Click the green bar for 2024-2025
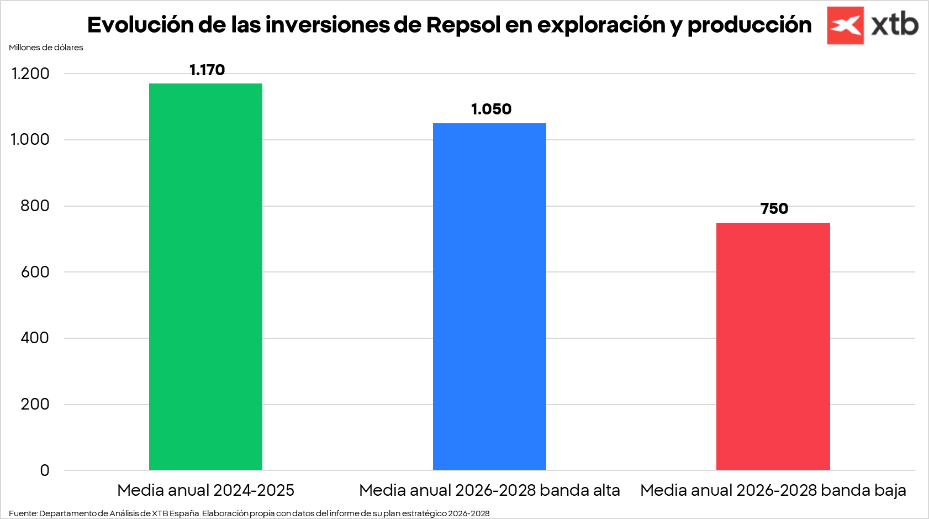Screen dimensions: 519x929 (x=205, y=276)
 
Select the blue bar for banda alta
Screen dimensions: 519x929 (x=489, y=296)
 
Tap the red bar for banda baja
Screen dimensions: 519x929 (x=773, y=346)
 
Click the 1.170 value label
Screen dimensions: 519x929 (x=207, y=70)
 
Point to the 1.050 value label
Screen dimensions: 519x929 (x=491, y=109)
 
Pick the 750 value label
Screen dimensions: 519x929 (x=774, y=209)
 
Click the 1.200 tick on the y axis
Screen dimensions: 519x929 (x=30, y=74)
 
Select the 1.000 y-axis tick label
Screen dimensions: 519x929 (x=30, y=139)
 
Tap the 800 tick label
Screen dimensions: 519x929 (x=35, y=206)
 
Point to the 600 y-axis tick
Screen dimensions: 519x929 (x=35, y=272)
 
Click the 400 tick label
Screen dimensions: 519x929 (x=35, y=338)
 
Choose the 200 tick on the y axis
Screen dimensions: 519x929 (x=35, y=404)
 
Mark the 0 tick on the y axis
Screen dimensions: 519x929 (x=45, y=470)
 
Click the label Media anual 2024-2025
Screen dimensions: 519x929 (x=205, y=490)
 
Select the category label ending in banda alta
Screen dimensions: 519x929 (x=489, y=490)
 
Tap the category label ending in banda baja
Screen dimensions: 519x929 (x=773, y=490)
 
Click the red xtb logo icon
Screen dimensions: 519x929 (x=845, y=25)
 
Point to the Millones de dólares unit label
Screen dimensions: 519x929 (x=46, y=48)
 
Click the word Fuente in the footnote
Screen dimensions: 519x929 (x=22, y=513)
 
